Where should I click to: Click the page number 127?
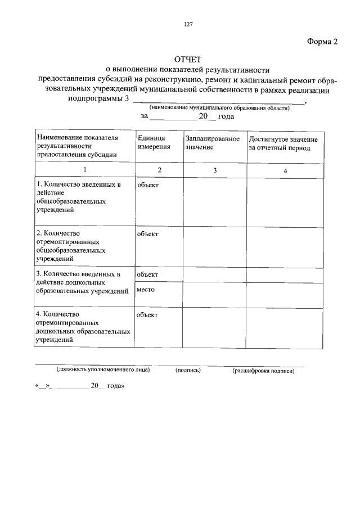(188, 24)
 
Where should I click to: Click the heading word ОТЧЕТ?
(188, 59)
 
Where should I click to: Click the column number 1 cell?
(84, 170)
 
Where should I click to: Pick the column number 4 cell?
(285, 170)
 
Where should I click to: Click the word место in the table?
(146, 290)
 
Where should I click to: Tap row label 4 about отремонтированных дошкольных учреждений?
(83, 327)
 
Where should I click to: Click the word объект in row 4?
(147, 315)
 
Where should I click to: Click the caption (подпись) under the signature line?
(188, 371)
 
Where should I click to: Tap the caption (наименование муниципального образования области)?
(219, 107)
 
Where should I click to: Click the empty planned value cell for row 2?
(214, 246)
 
